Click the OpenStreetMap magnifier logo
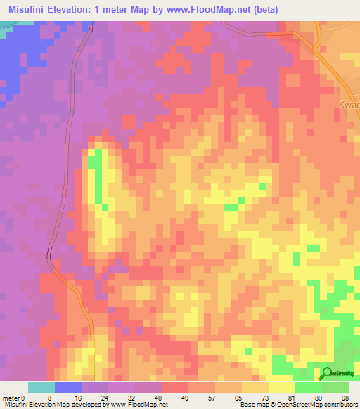tap(327, 374)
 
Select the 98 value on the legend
tap(345, 398)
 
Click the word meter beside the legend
tap(11, 398)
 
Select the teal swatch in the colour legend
tap(41, 387)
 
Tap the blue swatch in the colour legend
tap(67, 387)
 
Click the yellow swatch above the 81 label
tap(281, 387)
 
